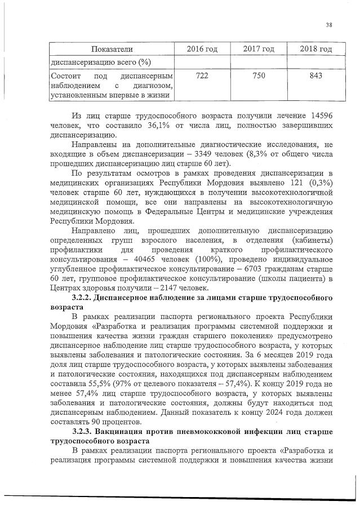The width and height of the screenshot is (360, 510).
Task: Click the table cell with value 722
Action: (202, 76)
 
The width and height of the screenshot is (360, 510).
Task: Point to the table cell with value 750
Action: (259, 76)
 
